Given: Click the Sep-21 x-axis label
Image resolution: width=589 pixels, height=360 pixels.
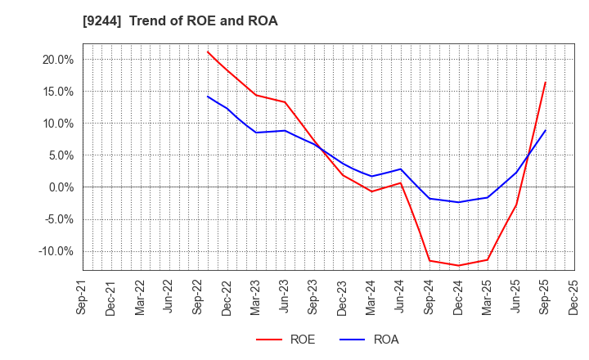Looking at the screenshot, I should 83,297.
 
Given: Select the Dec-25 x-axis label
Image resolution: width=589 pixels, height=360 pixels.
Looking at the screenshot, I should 573,297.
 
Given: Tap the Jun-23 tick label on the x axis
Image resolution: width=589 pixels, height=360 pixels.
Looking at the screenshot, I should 285,297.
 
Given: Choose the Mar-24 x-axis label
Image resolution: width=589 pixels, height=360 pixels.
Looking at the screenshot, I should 371,297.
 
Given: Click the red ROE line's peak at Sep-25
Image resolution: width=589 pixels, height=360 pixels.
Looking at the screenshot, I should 545,82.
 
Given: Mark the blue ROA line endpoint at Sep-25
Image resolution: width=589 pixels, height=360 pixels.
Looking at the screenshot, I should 545,131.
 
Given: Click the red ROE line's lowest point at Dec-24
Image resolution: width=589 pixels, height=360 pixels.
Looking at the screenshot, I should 458,265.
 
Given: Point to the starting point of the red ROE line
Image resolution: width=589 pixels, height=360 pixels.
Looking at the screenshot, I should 208,52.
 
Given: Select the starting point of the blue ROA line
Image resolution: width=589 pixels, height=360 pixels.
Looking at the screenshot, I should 208,97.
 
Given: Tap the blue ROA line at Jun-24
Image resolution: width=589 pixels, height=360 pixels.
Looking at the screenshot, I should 400,169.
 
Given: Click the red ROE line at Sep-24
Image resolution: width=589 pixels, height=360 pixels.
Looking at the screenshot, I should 429,260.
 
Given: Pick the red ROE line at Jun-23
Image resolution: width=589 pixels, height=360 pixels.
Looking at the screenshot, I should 285,102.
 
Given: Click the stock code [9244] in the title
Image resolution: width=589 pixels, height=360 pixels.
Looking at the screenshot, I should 103,21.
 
